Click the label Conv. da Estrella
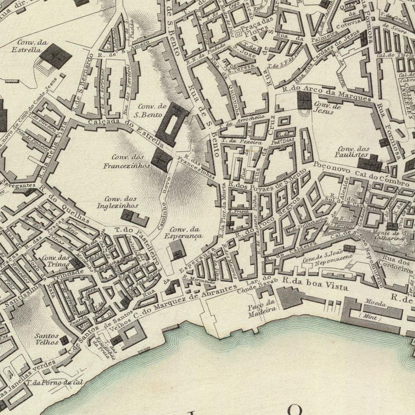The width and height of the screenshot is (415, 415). coord(29,46)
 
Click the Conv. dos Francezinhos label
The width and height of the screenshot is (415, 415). coord(127,162)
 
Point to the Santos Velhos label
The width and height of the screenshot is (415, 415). coord(47,339)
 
